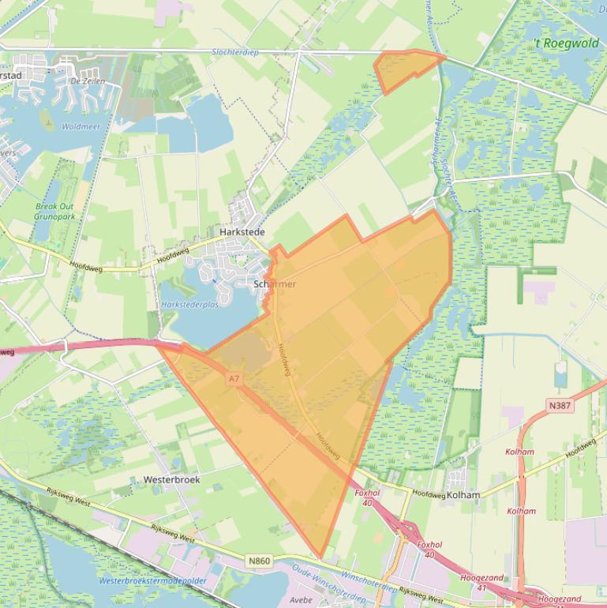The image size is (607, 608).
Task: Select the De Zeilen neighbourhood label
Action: (88, 81)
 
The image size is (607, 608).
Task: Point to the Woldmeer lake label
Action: (80, 126)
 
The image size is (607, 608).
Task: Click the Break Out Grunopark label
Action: (55, 211)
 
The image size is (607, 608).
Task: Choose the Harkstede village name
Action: (242, 232)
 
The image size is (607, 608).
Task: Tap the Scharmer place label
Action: (275, 284)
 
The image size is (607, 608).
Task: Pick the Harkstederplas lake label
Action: (189, 304)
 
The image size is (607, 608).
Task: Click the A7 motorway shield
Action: (234, 380)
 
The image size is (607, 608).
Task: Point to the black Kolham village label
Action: (463, 495)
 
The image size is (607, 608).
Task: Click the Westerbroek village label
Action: (171, 479)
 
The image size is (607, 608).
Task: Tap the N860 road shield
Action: (259, 561)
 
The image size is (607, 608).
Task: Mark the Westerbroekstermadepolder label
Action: (153, 581)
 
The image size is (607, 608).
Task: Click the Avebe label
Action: (302, 599)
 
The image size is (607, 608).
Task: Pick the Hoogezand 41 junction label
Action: (481, 583)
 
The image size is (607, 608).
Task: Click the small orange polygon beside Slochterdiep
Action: (405, 68)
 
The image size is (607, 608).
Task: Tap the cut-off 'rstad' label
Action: (10, 75)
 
